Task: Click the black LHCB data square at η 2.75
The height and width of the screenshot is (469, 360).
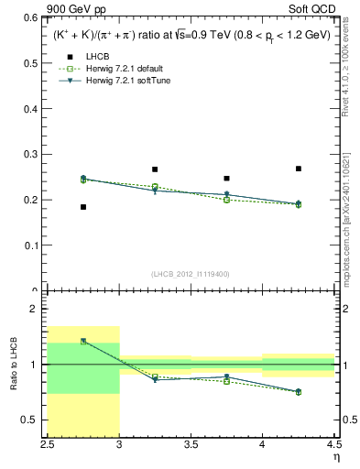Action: [83, 207]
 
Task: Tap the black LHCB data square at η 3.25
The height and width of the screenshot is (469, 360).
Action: [155, 169]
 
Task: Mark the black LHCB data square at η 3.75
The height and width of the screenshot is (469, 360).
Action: [226, 179]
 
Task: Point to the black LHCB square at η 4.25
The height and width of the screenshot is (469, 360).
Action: [299, 169]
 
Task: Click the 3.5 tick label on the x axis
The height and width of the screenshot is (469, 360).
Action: [191, 445]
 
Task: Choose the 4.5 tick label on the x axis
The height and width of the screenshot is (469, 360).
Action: [333, 445]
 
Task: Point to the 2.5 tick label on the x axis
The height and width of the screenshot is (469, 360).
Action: [48, 445]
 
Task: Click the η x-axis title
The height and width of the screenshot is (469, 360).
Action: [335, 457]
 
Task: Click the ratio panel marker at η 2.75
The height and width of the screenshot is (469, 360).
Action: [83, 341]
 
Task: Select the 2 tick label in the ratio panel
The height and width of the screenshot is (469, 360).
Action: [35, 310]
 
